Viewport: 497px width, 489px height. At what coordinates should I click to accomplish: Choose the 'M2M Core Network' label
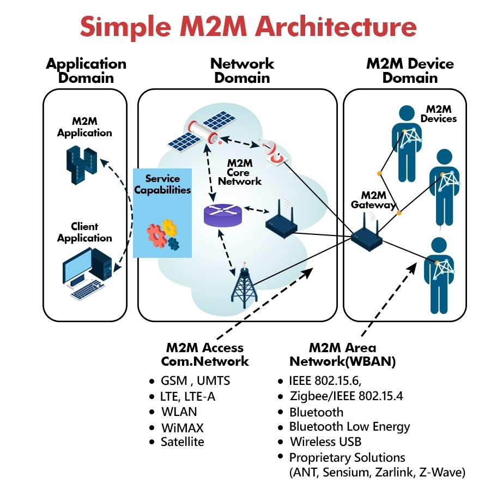[244, 172]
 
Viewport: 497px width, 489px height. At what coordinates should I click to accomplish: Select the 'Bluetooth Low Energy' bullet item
[349, 426]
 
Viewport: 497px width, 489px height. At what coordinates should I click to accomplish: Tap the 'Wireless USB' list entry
[325, 441]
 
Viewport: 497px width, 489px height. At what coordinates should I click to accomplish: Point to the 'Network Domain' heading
[242, 71]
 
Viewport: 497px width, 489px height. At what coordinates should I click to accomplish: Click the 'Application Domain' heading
[86, 71]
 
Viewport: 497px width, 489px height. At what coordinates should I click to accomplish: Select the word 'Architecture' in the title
[328, 27]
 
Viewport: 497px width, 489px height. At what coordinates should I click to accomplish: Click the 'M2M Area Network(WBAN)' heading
[342, 354]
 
